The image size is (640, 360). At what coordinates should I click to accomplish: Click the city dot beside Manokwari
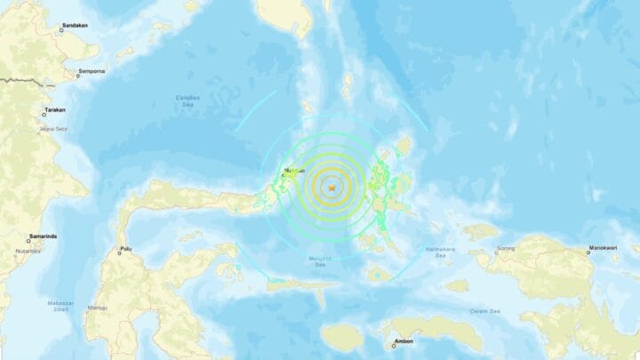588,252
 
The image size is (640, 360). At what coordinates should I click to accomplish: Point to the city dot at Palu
118,252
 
